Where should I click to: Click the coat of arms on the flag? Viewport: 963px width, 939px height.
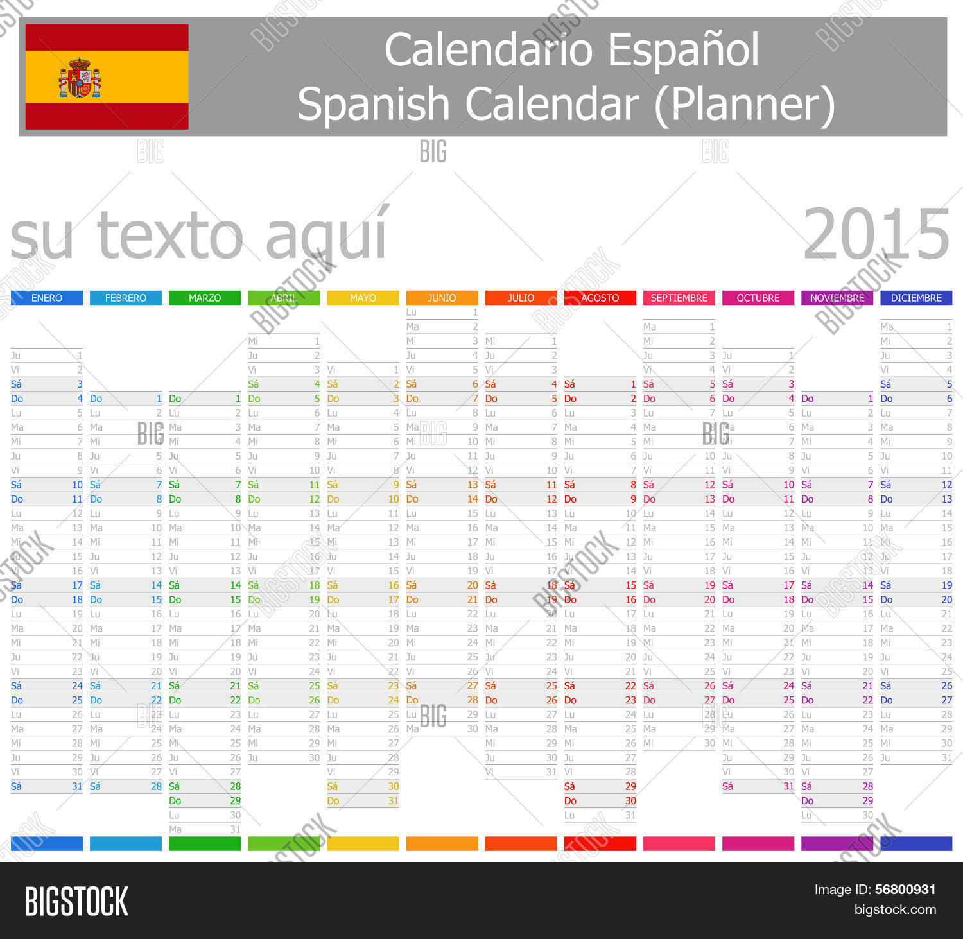[x=80, y=78]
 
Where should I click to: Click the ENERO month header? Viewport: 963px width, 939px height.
[x=47, y=298]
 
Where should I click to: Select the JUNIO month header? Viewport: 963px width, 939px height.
[x=442, y=298]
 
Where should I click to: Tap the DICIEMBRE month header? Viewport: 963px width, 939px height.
[x=916, y=298]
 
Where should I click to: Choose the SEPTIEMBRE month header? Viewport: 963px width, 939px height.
[x=679, y=298]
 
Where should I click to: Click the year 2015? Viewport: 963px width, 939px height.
[x=876, y=235]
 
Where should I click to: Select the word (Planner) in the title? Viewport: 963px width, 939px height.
[x=745, y=104]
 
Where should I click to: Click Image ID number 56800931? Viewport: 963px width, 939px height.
[x=905, y=890]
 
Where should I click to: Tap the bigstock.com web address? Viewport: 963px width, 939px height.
[x=895, y=909]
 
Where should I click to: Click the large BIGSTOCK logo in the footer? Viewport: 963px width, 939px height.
[x=76, y=901]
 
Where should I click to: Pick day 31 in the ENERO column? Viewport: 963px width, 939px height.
[x=77, y=786]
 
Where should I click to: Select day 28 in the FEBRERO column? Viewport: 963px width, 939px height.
[x=156, y=786]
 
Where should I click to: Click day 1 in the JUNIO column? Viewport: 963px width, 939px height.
[x=474, y=313]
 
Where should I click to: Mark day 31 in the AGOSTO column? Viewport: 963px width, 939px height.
[x=630, y=815]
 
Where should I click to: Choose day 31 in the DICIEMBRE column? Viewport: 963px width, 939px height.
[x=946, y=757]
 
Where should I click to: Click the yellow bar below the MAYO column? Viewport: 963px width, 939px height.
[x=363, y=843]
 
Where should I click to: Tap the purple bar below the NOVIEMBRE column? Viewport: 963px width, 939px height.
[x=837, y=843]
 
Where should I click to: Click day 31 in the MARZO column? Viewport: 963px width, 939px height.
[x=235, y=829]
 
